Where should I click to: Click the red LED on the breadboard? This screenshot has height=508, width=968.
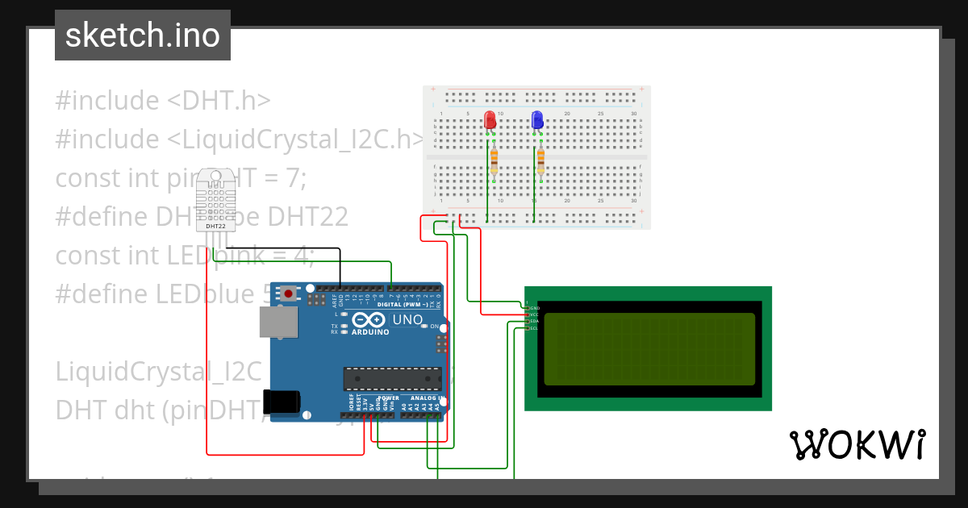[x=490, y=121]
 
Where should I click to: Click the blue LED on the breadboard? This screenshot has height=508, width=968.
[x=537, y=121]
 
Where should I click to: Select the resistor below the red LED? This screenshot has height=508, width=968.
[x=494, y=161]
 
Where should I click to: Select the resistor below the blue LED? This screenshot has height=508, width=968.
[x=540, y=161]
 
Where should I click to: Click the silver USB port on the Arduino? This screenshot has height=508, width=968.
[x=277, y=321]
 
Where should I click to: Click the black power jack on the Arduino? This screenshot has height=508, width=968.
[x=282, y=402]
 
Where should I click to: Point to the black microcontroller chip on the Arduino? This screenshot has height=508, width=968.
[x=393, y=379]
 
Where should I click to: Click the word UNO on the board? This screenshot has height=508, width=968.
[x=407, y=320]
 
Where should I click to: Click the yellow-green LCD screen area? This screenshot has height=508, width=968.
[x=649, y=349]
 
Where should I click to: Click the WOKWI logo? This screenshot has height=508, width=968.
[x=857, y=444]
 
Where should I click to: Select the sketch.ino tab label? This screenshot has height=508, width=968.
[x=143, y=35]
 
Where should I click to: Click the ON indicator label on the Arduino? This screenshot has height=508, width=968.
[x=435, y=327]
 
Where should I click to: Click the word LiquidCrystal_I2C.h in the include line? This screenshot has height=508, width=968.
[x=307, y=139]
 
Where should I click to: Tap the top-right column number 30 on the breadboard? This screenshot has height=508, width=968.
[x=634, y=114]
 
